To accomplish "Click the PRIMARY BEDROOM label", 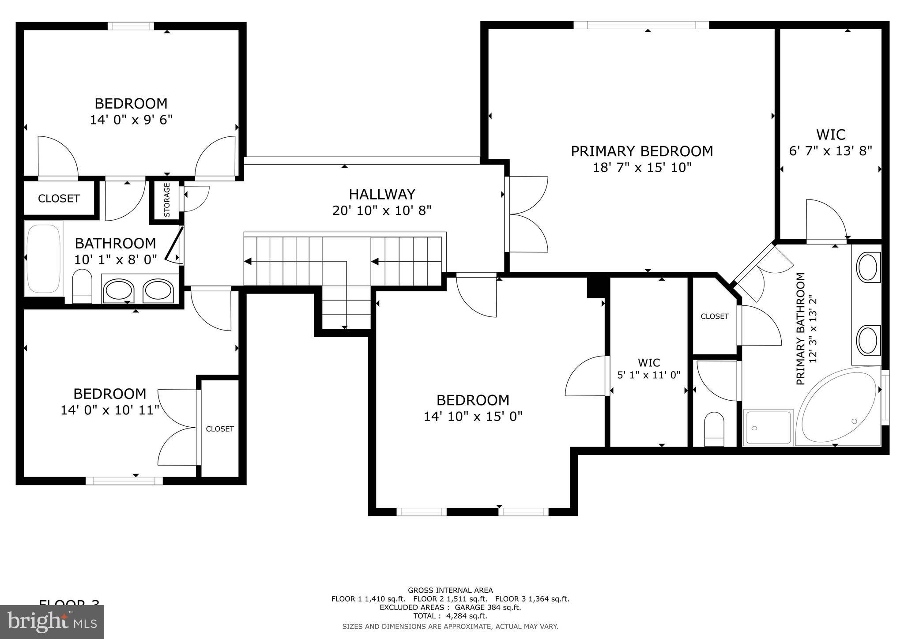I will (641, 151).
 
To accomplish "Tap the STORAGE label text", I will (167, 200).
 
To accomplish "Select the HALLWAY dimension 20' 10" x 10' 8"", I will (381, 210).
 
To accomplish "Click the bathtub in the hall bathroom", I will (43, 258).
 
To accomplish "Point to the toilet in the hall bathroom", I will (82, 286).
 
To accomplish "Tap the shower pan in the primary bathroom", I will (768, 428).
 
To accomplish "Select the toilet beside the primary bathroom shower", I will (714, 429).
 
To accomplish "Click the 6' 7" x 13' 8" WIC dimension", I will (830, 151).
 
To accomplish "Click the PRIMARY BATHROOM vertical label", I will (801, 329).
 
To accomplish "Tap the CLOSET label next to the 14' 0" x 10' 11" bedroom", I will (220, 429).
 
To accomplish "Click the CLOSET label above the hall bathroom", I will (59, 199).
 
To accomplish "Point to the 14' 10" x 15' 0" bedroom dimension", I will (473, 417).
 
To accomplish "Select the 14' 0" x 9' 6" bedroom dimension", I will (131, 120).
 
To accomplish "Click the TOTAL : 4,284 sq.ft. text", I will (450, 616).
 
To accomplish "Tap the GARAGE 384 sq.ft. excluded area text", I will (490, 607).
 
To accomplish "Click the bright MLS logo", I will (52, 622).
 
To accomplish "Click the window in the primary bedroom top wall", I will (641, 25).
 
